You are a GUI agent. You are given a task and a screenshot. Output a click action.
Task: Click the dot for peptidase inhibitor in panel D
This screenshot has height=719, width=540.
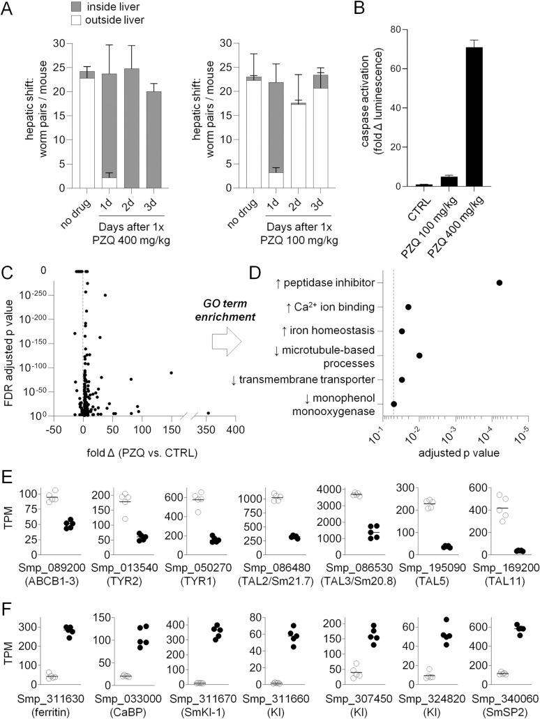pyautogui.click(x=499, y=282)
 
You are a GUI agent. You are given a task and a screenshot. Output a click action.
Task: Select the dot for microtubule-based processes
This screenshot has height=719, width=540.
pyautogui.click(x=419, y=356)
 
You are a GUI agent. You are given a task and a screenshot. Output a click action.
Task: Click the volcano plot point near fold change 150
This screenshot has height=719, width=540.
pyautogui.click(x=171, y=372)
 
